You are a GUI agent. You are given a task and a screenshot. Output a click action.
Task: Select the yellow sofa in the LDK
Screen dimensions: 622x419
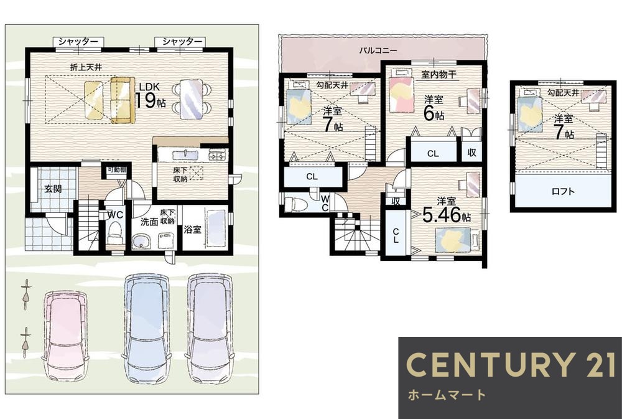tap(123, 100)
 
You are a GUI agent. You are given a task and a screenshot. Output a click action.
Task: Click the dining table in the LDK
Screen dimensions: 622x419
tap(192, 99)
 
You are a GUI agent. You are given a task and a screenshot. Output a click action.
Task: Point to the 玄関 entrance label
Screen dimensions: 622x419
tap(53, 189)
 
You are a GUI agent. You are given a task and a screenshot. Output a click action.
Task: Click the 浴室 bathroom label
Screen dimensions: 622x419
tap(192, 229)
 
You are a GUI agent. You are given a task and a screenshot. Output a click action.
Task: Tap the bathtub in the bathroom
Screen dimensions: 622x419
tap(216, 228)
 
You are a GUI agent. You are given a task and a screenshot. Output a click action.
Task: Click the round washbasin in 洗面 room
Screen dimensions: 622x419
tap(141, 241)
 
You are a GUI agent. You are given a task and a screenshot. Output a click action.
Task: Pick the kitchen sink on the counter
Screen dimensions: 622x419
tap(185, 154)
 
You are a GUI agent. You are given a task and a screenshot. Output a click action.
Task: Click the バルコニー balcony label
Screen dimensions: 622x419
tap(378, 50)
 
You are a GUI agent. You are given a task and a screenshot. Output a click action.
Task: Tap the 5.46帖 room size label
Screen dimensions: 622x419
tap(446, 215)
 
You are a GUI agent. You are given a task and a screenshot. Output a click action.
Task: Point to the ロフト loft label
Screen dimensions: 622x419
tap(563, 191)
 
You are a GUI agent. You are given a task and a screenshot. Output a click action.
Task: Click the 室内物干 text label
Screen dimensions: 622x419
tap(439, 74)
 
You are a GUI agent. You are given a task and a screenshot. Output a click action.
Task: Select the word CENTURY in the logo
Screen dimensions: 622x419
tap(491, 365)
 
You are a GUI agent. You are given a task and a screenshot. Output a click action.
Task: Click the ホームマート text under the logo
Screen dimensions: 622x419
tap(447, 395)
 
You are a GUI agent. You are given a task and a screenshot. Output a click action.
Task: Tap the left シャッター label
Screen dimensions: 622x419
tap(78, 41)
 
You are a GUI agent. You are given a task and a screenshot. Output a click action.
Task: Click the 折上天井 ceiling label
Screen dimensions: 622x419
tap(86, 67)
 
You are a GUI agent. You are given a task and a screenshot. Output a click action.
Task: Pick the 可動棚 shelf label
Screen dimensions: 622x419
tap(117, 169)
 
